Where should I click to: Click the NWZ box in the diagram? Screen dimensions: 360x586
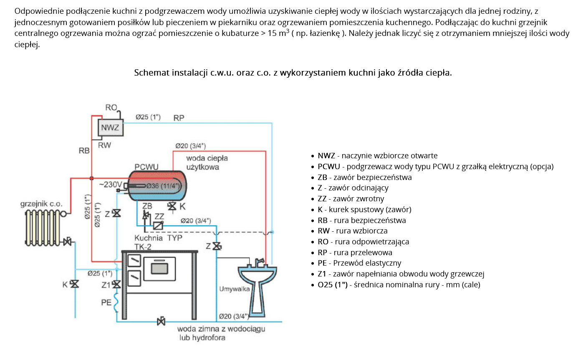pyautogui.click(x=110, y=127)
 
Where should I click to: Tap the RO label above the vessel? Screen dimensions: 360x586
pyautogui.click(x=111, y=108)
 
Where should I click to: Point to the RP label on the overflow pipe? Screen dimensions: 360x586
pyautogui.click(x=179, y=118)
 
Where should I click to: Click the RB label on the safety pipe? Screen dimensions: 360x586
pyautogui.click(x=84, y=150)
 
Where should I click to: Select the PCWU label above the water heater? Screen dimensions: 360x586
pyautogui.click(x=146, y=167)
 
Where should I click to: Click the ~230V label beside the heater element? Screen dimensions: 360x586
pyautogui.click(x=111, y=185)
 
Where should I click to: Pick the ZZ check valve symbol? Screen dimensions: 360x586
pyautogui.click(x=158, y=226)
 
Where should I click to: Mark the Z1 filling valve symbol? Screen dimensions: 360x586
pyautogui.click(x=117, y=284)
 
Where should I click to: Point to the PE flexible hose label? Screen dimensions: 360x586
pyautogui.click(x=106, y=302)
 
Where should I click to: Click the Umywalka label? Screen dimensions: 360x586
pyautogui.click(x=234, y=289)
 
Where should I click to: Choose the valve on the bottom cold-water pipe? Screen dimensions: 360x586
pyautogui.click(x=161, y=322)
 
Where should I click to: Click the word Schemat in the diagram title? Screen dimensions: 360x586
pyautogui.click(x=149, y=73)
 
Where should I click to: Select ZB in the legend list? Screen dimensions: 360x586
pyautogui.click(x=323, y=177)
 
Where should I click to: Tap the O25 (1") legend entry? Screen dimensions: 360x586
pyautogui.click(x=332, y=285)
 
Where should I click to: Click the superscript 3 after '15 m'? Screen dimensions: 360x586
pyautogui.click(x=288, y=31)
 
